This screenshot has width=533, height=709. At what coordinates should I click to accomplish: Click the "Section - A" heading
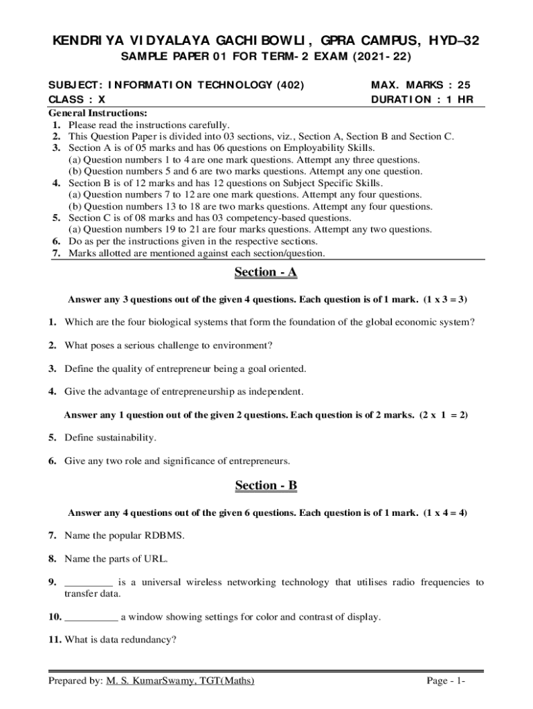tap(266, 273)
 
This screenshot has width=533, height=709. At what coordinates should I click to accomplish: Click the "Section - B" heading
tap(266, 486)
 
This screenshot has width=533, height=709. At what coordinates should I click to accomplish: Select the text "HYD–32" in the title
tap(454, 42)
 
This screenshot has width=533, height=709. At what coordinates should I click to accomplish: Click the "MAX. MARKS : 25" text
tap(421, 85)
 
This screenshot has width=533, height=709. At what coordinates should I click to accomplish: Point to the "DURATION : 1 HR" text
tap(422, 99)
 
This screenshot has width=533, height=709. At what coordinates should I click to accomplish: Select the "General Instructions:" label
tap(98, 113)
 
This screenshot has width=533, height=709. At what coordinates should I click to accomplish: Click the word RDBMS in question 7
tap(165, 535)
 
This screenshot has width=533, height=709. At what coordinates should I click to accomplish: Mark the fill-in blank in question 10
tap(91, 617)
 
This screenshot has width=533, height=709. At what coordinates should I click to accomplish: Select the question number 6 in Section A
tap(53, 461)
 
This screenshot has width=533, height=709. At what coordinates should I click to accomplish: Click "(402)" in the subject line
tap(291, 85)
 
